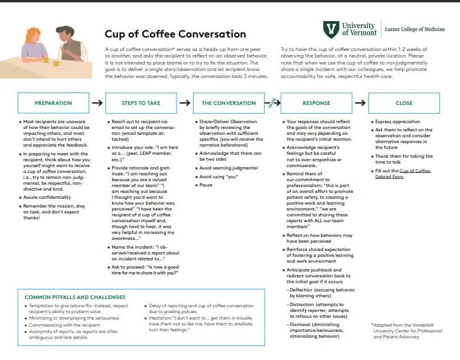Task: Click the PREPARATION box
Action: (53, 103)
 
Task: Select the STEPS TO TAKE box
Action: (141, 103)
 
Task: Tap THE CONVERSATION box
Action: (229, 103)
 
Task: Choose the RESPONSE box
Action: (316, 103)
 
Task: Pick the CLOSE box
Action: (404, 103)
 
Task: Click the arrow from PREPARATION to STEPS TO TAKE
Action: (97, 103)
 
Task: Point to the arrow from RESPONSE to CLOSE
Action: (360, 103)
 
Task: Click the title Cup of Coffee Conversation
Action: (175, 35)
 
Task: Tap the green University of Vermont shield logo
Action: (331, 29)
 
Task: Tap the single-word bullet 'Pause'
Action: (206, 185)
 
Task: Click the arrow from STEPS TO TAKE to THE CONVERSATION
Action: (184, 103)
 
